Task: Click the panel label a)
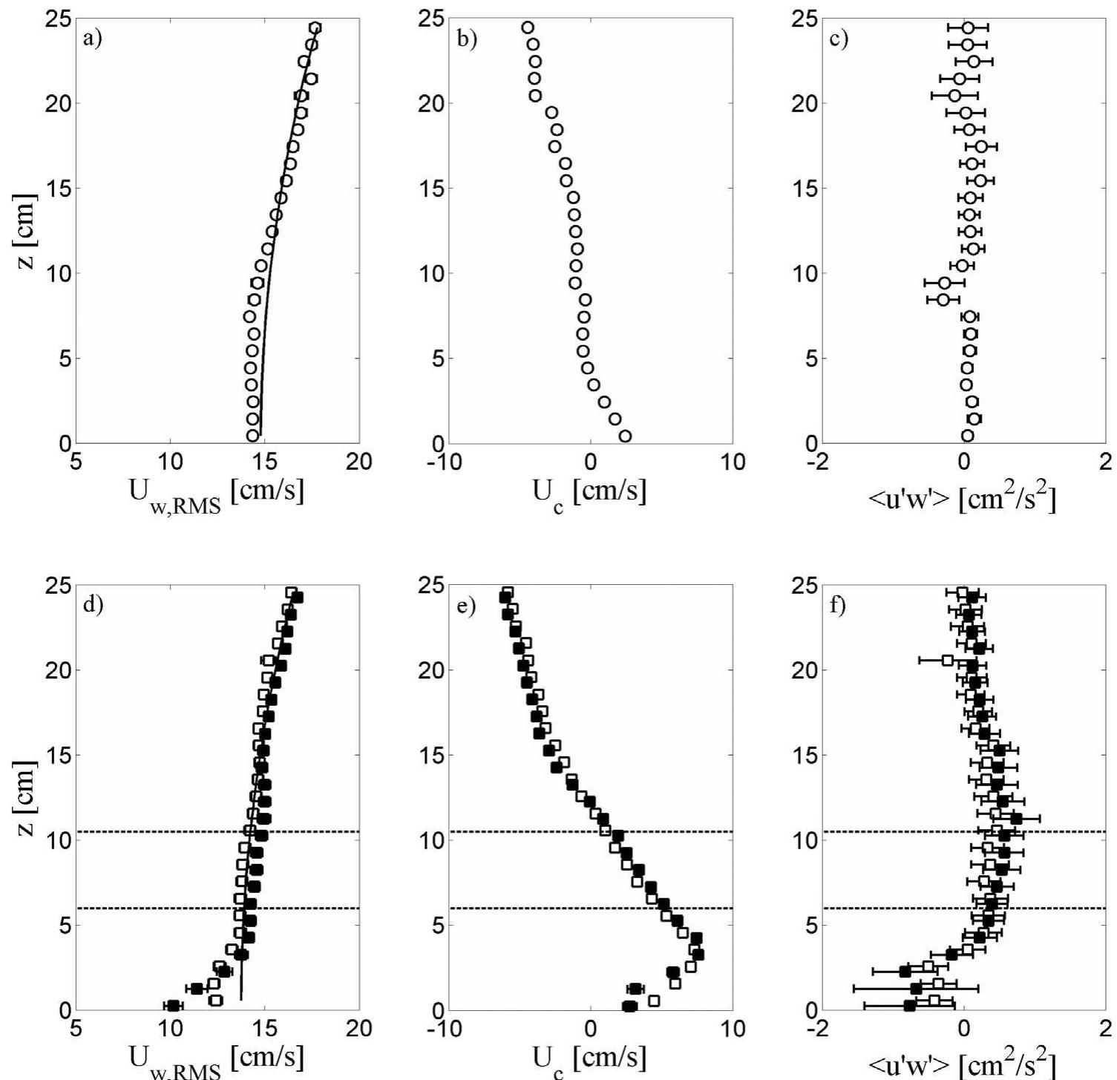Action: pos(93,39)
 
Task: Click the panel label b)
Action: pos(467,39)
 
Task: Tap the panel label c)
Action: pos(839,39)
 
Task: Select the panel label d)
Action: pos(93,605)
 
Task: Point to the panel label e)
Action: pos(467,605)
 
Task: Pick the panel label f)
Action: pos(839,605)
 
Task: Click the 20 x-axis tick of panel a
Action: pos(359,462)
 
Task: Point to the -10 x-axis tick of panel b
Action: pos(445,462)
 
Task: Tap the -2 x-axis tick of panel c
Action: pos(819,462)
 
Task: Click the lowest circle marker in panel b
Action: pos(625,436)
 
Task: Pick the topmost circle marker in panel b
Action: pos(528,27)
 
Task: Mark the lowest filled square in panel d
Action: pos(173,1005)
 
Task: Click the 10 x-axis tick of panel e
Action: pos(733,1029)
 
